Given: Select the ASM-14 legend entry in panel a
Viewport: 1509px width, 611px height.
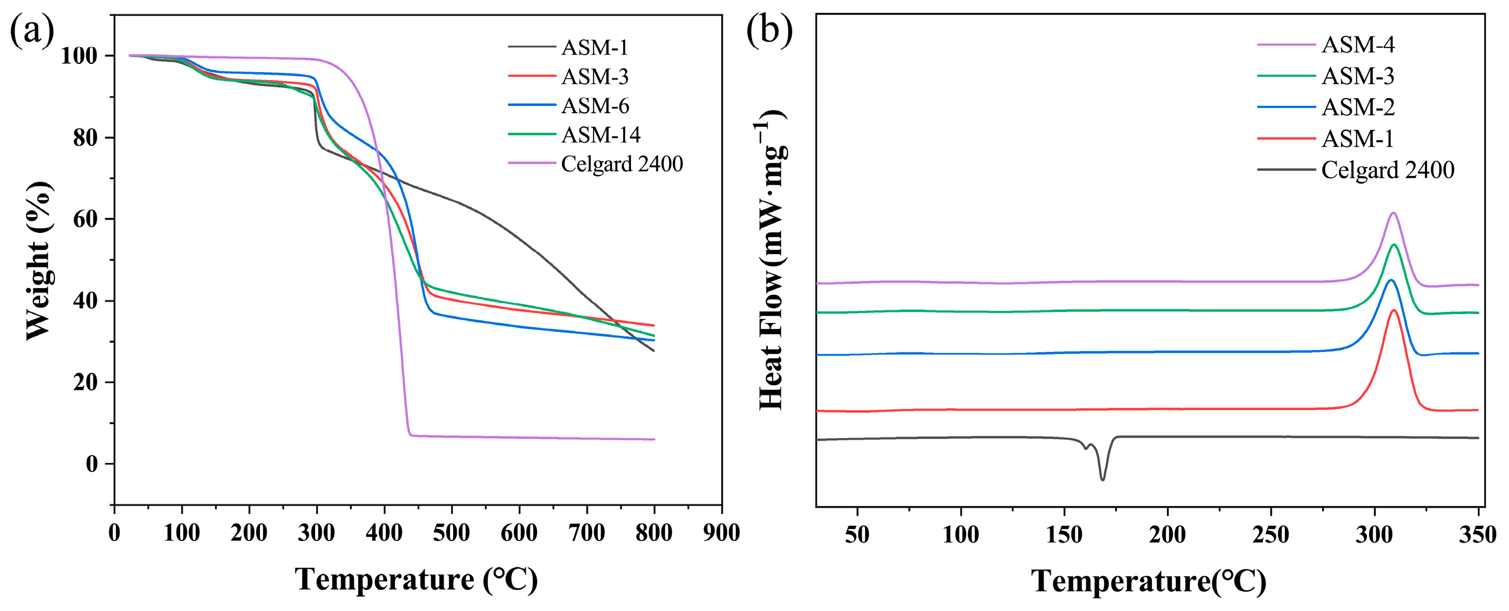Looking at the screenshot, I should [600, 135].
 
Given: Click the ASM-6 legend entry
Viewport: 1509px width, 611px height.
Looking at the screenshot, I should [595, 105].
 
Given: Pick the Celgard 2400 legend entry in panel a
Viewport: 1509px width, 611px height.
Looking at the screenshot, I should [622, 164].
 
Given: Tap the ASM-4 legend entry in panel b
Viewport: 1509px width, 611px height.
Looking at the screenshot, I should [1358, 45].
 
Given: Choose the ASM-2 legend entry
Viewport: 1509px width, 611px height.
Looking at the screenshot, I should [1358, 107].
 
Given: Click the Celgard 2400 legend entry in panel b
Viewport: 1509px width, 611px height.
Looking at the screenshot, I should [1387, 170].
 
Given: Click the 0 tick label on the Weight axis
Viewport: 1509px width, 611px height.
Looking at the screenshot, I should [92, 464].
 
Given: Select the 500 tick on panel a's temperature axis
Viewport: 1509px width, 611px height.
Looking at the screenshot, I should [451, 533].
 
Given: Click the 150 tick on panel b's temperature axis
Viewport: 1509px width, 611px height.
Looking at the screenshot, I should [1064, 534].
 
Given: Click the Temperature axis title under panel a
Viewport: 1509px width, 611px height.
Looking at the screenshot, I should [417, 580].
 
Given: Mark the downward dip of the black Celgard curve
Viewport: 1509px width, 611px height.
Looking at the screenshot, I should [1103, 479].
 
